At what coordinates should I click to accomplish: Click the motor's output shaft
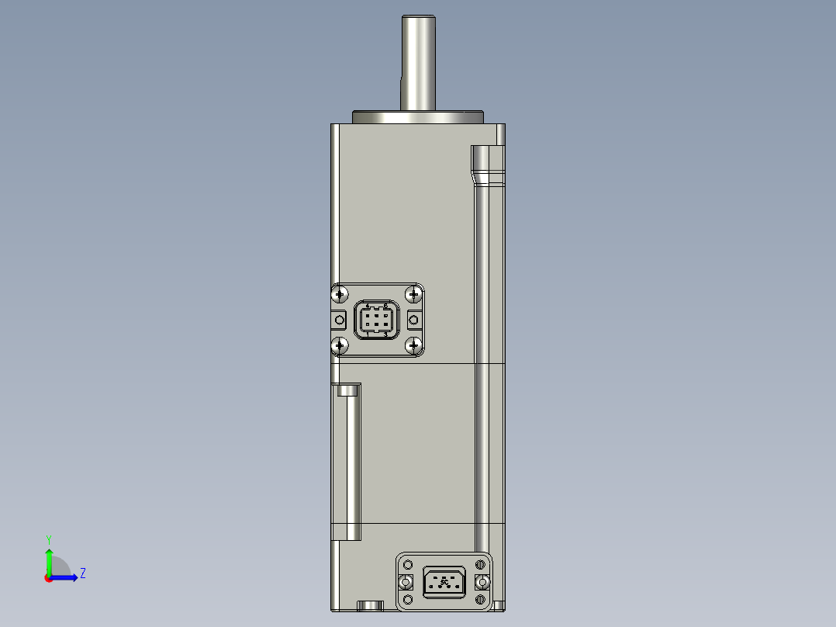[416, 62]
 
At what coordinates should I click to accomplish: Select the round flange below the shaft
[418, 118]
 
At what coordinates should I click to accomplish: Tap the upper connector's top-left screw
[340, 294]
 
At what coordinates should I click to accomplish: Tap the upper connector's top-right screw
[413, 294]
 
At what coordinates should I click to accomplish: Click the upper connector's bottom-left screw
[340, 345]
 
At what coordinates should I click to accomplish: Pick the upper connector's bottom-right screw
[413, 345]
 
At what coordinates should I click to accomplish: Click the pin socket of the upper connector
[376, 320]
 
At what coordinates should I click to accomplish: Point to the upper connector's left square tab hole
[340, 320]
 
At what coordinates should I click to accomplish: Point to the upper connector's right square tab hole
[413, 320]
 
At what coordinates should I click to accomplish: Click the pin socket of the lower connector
[444, 581]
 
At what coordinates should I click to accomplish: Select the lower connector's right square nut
[482, 582]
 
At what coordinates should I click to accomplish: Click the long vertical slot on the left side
[350, 462]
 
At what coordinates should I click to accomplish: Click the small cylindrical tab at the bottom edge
[370, 604]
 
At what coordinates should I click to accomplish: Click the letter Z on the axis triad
[82, 573]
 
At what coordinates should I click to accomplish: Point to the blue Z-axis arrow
[67, 577]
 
